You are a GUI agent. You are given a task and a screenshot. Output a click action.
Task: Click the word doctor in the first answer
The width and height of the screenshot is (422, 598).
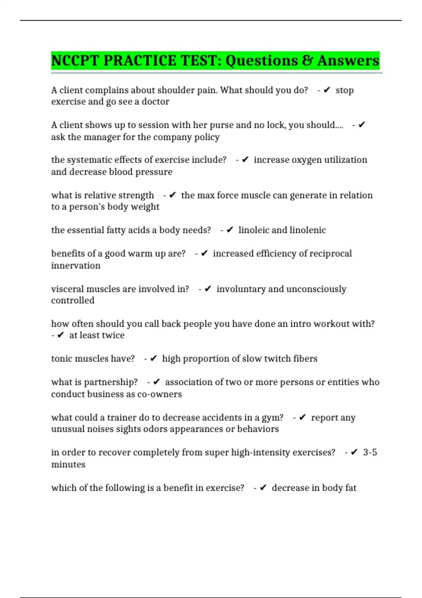[155, 102]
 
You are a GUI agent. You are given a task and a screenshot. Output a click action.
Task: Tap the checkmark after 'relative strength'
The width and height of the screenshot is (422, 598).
[172, 195]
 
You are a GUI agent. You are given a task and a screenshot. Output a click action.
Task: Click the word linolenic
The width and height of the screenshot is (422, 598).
[308, 230]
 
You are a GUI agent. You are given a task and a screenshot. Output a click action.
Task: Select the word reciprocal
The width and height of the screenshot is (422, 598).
[331, 254]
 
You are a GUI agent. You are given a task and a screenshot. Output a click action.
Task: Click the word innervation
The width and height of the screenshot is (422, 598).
[76, 266]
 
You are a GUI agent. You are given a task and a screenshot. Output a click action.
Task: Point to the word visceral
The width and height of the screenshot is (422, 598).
[68, 289]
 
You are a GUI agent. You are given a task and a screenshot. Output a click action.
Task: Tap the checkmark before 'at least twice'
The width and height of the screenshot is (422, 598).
[60, 335]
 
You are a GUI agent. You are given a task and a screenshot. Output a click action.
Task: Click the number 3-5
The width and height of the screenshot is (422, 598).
[370, 452]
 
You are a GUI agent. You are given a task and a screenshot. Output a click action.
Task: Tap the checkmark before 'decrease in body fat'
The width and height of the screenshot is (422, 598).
[263, 488]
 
